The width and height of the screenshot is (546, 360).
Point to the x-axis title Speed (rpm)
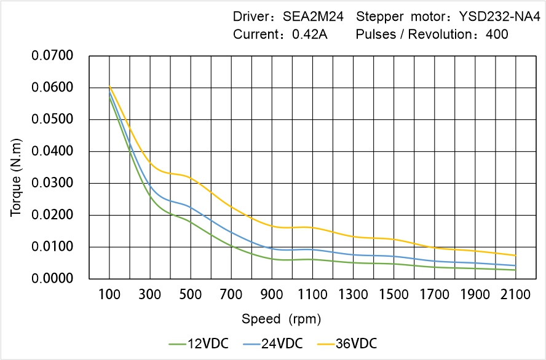point(281,319)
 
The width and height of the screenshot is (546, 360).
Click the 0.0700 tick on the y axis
point(52,56)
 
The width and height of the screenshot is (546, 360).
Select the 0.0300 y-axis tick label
point(52,183)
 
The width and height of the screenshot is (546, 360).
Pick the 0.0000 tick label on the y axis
point(52,278)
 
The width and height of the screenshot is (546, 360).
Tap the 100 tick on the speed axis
point(109,295)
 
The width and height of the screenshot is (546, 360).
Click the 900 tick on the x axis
point(272,295)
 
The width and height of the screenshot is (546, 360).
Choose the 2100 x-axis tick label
point(515,295)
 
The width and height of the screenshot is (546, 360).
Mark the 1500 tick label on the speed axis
point(394,295)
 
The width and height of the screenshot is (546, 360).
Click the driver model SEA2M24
point(312,17)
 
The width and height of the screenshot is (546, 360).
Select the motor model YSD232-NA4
point(495,17)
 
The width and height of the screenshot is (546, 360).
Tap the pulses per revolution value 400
point(497,34)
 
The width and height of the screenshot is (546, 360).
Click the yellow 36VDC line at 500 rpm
point(191,178)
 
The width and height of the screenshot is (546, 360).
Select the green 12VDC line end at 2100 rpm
point(515,270)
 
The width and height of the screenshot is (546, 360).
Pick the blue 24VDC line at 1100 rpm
point(312,249)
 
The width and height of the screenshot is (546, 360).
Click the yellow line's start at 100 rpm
point(109,87)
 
